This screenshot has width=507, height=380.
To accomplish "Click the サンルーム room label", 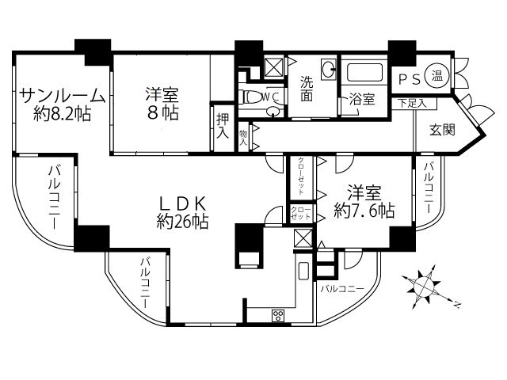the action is point(63,96).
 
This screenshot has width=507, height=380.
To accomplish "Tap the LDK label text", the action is point(182,203).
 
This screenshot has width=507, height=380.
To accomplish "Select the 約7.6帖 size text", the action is point(364,211).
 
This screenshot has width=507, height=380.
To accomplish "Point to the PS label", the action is point(410,79).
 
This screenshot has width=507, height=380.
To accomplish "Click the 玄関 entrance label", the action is point(442,130).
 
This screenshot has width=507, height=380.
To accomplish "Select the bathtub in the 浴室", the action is point(364,72).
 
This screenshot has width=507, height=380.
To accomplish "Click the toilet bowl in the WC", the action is point(254,97).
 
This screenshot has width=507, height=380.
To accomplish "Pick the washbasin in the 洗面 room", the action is point(329,69).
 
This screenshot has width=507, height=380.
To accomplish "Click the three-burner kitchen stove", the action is point(278,315).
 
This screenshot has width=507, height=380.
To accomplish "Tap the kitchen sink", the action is point(303,271).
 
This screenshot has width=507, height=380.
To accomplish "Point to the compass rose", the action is point(423,285).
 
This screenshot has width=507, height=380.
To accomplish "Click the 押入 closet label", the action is point(223,126).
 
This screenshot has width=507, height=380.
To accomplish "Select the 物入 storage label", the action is point(243,137).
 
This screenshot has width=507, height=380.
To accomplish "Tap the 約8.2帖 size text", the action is point(62,113).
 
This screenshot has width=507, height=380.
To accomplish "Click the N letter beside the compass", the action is point(457,304).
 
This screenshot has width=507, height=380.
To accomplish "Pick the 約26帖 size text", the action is point(182,222).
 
